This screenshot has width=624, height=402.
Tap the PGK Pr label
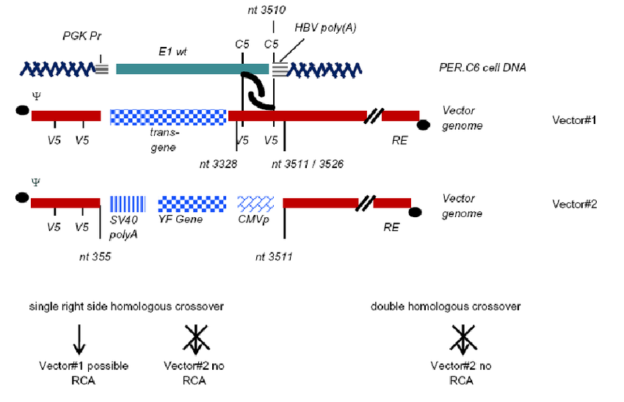pyautogui.click(x=80, y=36)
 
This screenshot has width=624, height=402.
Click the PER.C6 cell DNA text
pyautogui.click(x=481, y=67)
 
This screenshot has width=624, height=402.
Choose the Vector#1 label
pyautogui.click(x=574, y=119)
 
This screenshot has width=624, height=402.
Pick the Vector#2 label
pyautogui.click(x=574, y=203)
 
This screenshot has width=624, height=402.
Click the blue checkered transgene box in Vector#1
pyautogui.click(x=168, y=116)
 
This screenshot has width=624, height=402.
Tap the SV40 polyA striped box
pyautogui.click(x=127, y=203)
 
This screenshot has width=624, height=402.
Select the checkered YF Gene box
pyautogui.click(x=192, y=203)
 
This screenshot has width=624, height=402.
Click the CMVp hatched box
pyautogui.click(x=255, y=203)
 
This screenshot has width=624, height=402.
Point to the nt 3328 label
pyautogui.click(x=218, y=164)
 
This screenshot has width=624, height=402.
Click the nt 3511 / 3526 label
pyautogui.click(x=308, y=164)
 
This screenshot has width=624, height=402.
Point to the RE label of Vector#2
pyautogui.click(x=391, y=227)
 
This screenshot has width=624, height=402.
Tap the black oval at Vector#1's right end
pyautogui.click(x=423, y=125)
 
